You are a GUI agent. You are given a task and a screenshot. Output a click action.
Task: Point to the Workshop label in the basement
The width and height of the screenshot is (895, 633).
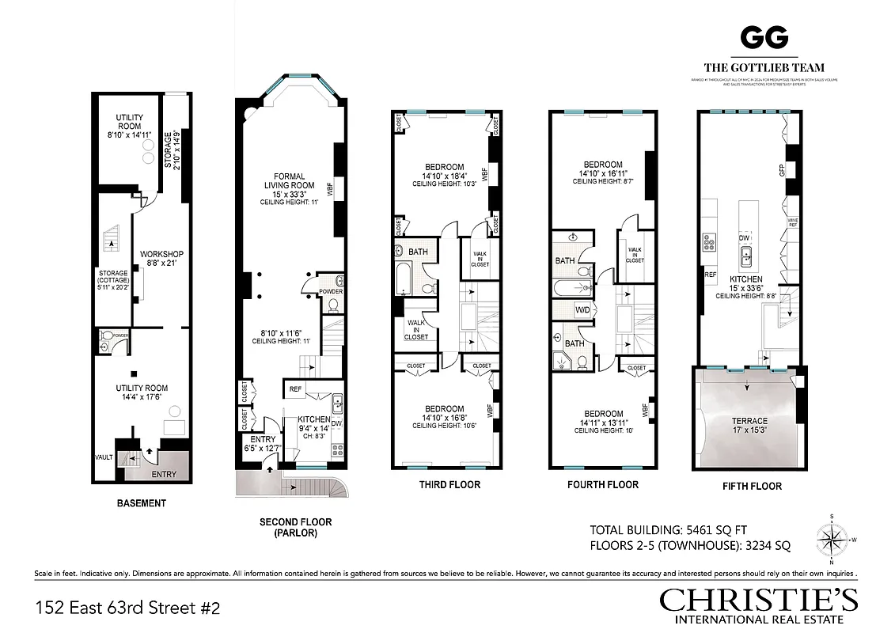161,254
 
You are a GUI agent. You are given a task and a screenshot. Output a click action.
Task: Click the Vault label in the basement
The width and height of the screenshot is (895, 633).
104,458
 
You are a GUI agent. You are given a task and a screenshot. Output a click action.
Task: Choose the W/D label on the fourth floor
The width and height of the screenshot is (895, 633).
583,310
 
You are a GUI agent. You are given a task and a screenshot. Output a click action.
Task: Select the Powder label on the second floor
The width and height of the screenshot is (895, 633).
331,291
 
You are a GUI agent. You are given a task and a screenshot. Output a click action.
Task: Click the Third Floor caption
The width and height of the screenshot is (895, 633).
449,484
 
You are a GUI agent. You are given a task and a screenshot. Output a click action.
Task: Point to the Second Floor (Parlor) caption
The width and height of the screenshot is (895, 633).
295,527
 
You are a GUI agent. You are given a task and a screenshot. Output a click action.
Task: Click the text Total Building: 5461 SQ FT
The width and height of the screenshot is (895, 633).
668,529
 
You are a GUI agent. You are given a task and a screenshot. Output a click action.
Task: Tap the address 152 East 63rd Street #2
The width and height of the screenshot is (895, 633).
127,608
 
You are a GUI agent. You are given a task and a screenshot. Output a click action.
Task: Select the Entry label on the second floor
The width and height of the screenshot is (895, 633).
262,439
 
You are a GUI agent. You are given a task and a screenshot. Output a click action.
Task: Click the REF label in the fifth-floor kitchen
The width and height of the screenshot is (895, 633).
710,275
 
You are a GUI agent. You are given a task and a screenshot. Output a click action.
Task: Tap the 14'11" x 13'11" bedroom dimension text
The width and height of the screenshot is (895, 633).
603,423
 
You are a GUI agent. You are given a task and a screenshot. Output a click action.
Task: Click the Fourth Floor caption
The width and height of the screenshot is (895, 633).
603,484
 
